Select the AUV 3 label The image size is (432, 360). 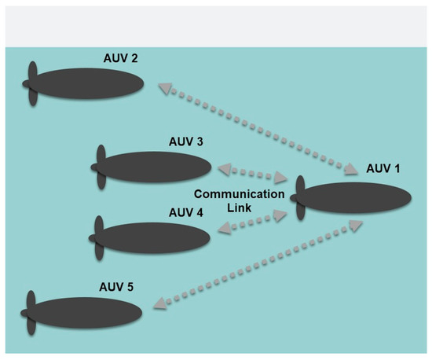[186, 141]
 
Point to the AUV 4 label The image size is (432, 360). [186, 212]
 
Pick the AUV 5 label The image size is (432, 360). [117, 287]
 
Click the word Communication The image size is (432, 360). [239, 194]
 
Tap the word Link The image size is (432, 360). [239, 208]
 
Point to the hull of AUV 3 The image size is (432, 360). [157, 167]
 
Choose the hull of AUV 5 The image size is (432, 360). [86, 312]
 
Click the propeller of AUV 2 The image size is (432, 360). [31, 82]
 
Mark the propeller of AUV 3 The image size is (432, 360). [100, 167]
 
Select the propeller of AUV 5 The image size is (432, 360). [31, 312]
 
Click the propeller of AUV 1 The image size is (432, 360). [300, 200]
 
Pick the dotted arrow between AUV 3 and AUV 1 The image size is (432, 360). [251, 173]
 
